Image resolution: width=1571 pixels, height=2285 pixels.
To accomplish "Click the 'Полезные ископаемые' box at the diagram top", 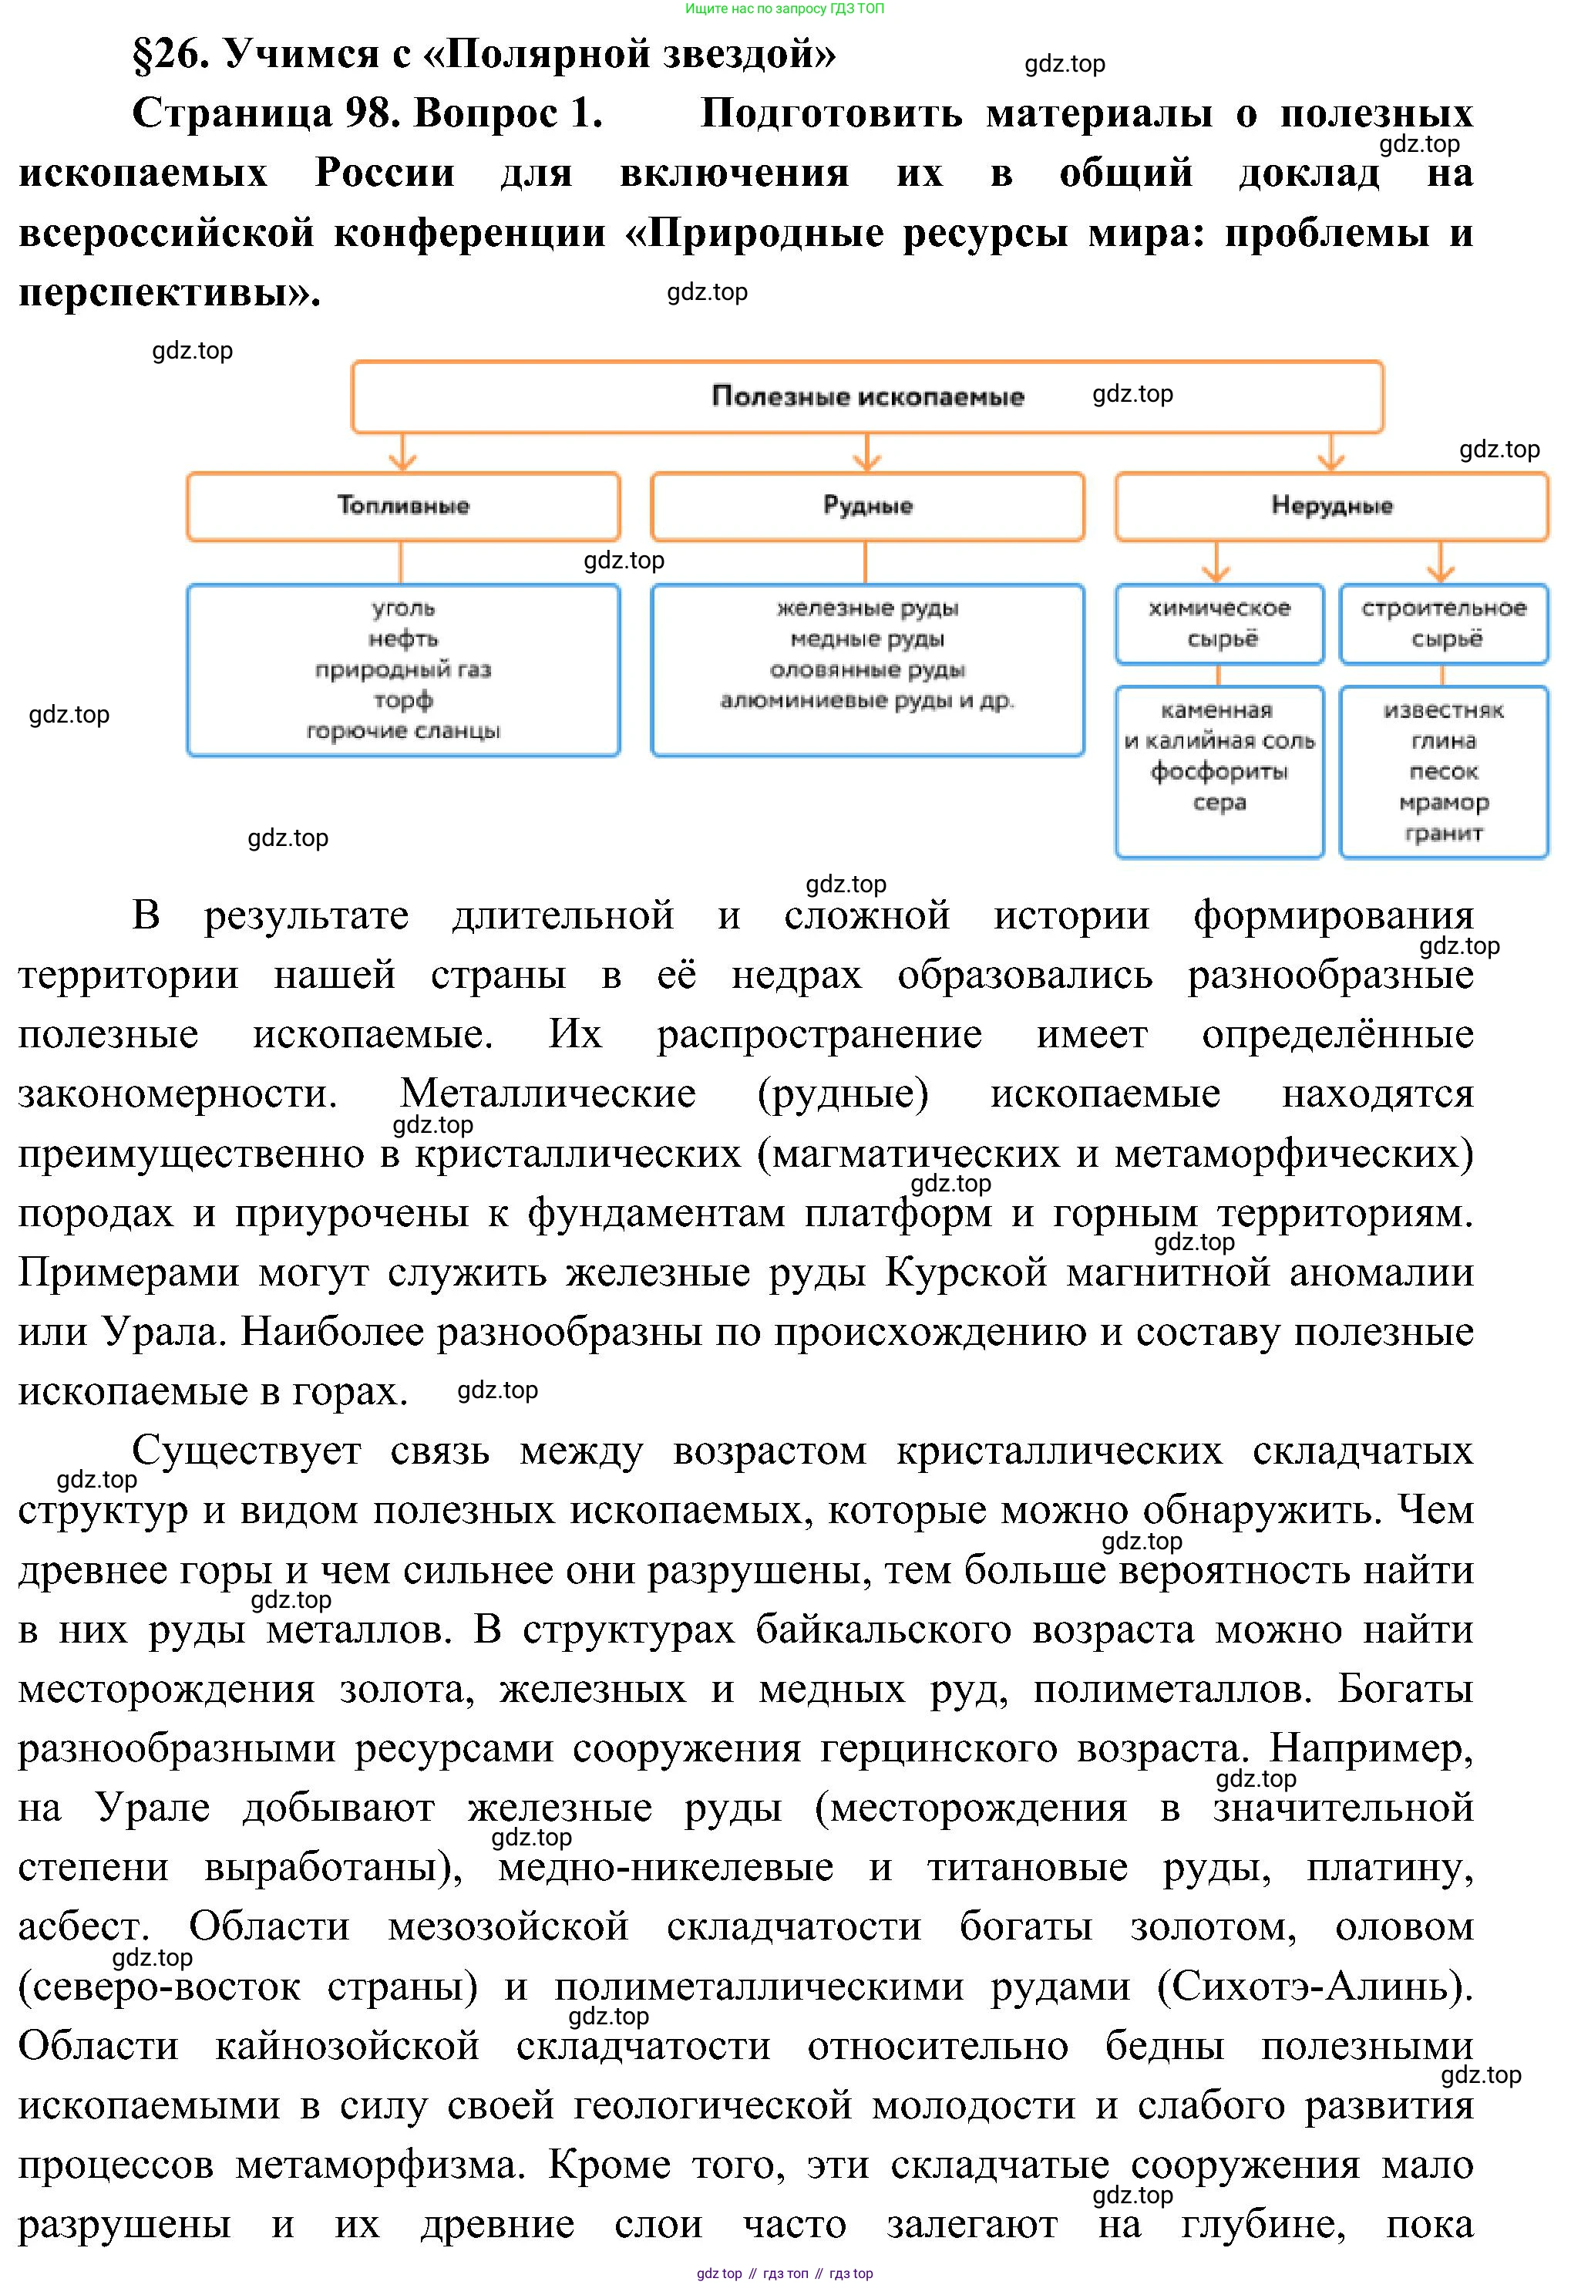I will click(866, 396).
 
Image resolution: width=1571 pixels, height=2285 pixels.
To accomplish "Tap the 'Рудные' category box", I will click(867, 506).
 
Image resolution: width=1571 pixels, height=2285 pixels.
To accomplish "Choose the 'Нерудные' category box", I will click(1330, 506).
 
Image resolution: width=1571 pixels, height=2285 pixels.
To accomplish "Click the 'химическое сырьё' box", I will click(1219, 624).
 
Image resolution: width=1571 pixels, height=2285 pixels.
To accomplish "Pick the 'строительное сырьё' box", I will click(1443, 624).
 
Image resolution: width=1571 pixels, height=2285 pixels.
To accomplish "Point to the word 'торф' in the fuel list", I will click(402, 700).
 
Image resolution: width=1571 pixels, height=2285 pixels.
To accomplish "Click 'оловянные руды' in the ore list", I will click(867, 670).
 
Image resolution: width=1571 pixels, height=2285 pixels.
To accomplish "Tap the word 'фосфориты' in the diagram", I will click(1219, 772).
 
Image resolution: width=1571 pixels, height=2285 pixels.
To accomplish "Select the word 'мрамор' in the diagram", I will click(1443, 802).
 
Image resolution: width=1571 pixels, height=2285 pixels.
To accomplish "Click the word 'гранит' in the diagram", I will click(1443, 834).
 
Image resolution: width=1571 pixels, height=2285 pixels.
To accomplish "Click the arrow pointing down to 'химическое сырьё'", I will click(1218, 565).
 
